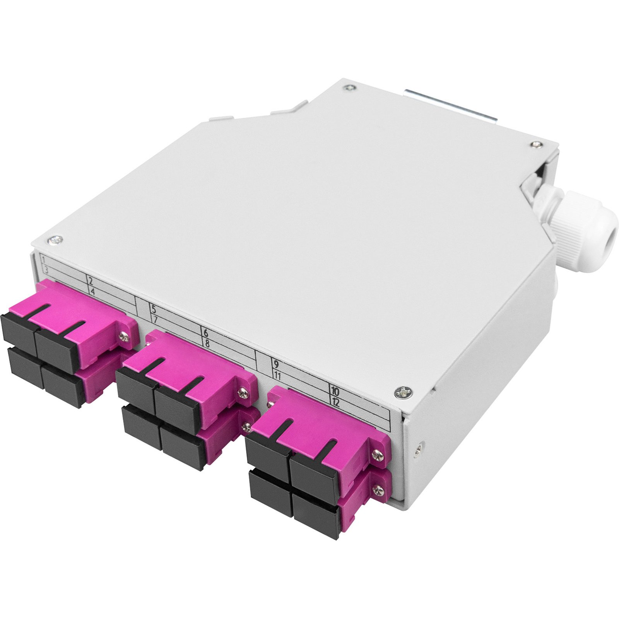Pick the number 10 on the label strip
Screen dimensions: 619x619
335,391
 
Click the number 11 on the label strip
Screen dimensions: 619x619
277,375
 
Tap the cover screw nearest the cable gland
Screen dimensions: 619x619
535,145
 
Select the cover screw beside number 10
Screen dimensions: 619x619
403,393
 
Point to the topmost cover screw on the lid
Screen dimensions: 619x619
350,88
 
